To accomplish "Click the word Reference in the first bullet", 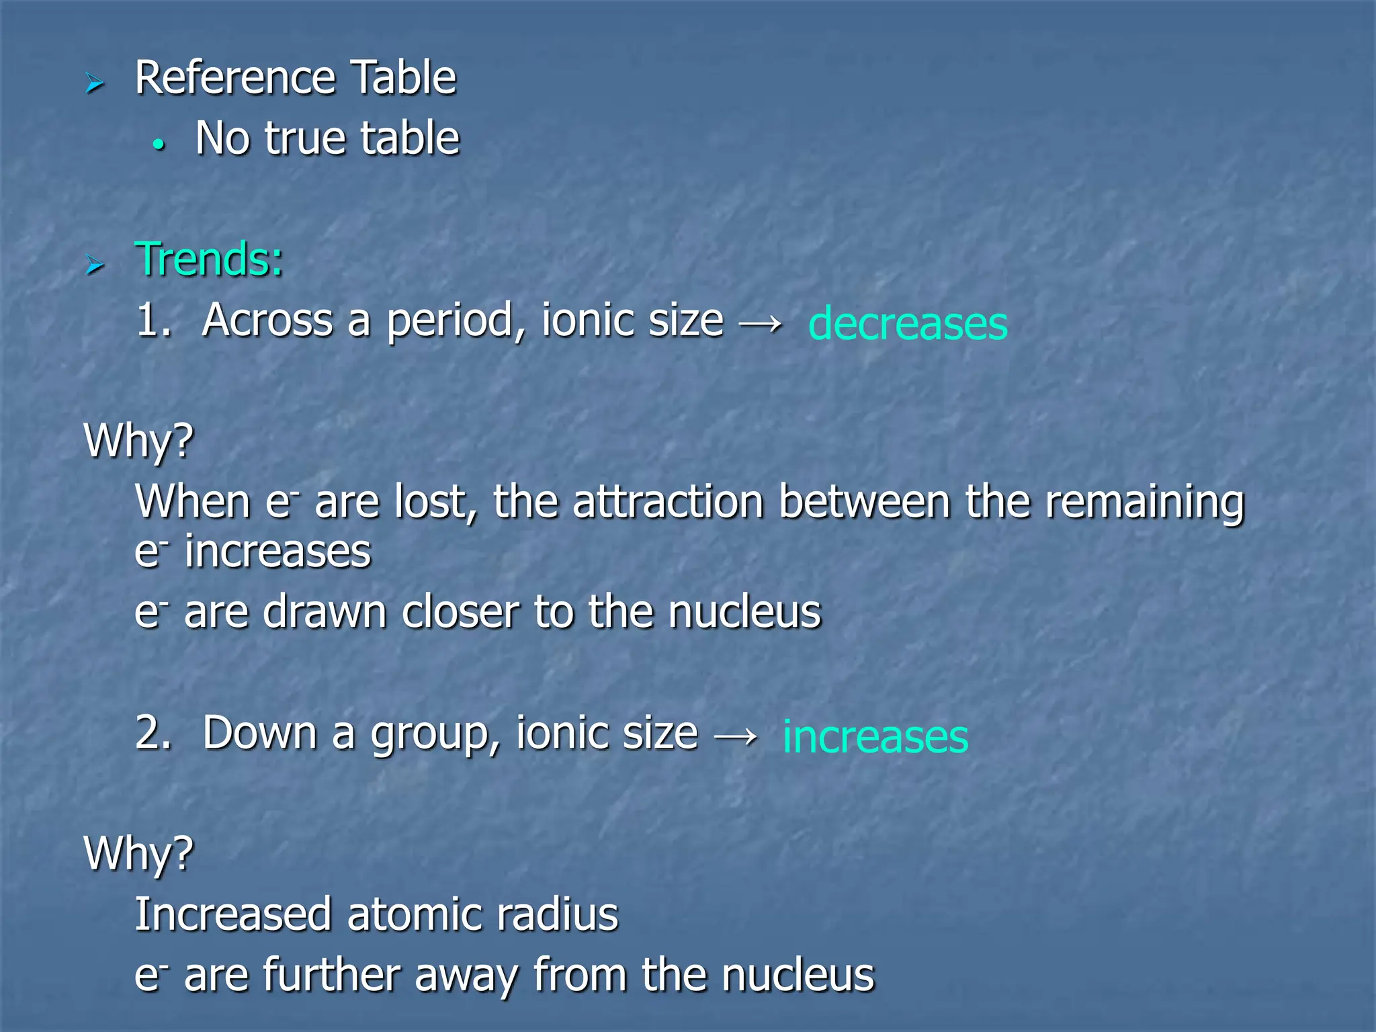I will tap(234, 78).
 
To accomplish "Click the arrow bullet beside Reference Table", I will tap(95, 84).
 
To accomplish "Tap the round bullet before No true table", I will tap(159, 144).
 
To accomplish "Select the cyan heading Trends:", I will tap(209, 259).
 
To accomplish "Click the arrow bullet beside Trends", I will tap(95, 265).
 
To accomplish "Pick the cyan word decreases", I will tap(908, 324).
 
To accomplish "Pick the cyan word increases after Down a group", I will tap(875, 737).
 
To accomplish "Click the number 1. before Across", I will tap(154, 320).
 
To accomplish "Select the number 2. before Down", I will tap(154, 733).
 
